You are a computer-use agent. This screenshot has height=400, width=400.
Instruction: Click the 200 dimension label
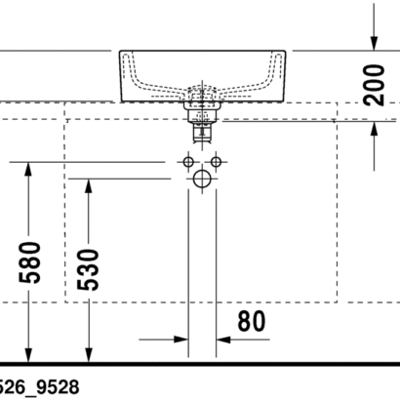tap(375, 85)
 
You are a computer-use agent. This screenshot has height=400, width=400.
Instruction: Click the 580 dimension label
tap(29, 262)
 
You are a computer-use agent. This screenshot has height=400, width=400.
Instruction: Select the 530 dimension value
tap(88, 269)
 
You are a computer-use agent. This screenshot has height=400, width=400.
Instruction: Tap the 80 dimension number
tap(252, 321)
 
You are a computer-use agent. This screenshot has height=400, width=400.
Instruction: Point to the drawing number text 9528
tap(58, 387)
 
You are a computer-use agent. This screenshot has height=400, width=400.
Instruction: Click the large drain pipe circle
tap(202, 179)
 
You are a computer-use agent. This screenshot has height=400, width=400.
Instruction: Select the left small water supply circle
tap(188, 162)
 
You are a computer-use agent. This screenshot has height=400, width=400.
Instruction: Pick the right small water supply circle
tap(216, 162)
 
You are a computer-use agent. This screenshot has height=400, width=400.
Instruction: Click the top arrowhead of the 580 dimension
tap(28, 169)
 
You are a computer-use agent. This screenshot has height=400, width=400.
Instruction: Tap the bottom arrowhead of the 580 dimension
tap(28, 354)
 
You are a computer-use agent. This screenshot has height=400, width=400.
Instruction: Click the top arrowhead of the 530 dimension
tap(88, 186)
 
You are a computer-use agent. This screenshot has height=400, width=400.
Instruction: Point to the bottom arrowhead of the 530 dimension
tap(88, 354)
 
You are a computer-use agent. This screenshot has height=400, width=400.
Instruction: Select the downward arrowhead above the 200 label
tap(374, 44)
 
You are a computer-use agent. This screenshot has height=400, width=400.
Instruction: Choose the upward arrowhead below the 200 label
tap(374, 129)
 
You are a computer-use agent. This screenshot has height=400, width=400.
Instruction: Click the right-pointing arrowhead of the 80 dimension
tap(180, 340)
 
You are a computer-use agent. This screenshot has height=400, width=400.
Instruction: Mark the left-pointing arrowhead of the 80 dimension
tap(223, 340)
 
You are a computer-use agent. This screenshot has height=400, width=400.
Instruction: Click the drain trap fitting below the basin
tap(202, 122)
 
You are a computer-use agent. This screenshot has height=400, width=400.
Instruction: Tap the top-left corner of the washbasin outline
tap(120, 51)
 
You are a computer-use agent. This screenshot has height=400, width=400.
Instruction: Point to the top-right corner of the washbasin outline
tap(286, 51)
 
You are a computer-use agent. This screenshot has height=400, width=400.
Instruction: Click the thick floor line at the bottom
tap(200, 364)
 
